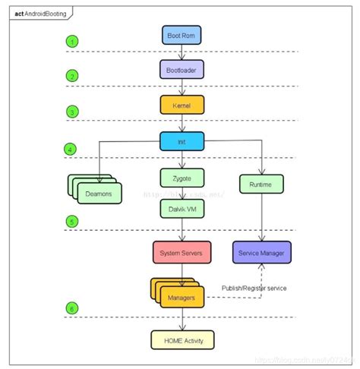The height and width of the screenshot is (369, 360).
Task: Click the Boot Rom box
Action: [182, 35]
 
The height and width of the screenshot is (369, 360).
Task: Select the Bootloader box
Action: [182, 70]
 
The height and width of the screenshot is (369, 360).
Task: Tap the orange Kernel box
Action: [182, 106]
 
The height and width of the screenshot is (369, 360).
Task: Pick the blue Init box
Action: [182, 140]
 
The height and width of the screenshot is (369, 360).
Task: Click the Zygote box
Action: [182, 177]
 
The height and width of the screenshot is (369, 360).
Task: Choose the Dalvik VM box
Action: [182, 205]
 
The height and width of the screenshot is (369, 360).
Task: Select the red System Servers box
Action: [182, 252]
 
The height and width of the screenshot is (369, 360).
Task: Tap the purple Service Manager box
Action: [261, 252]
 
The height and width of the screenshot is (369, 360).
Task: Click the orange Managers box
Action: [182, 298]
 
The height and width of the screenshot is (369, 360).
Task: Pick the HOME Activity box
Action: [182, 339]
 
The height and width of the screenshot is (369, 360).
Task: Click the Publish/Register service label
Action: [254, 289]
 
